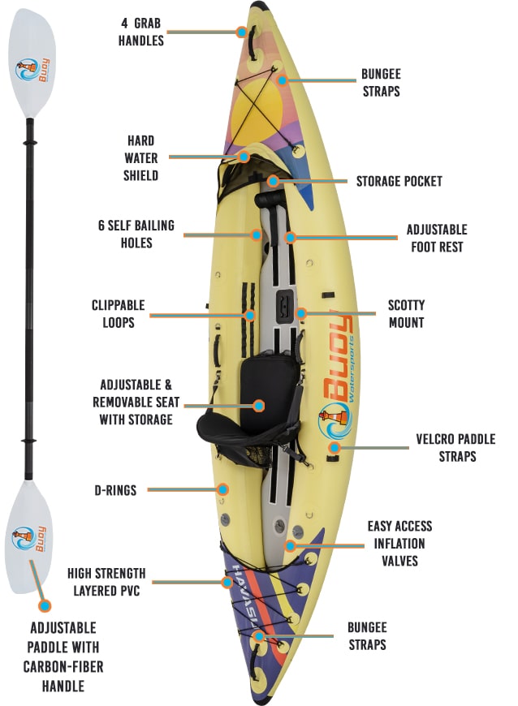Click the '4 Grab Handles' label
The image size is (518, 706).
[141, 32]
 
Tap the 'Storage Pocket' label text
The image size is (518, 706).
[399, 181]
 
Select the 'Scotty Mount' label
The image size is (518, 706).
[406, 314]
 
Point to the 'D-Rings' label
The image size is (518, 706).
[115, 490]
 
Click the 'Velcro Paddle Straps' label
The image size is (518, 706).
[455, 448]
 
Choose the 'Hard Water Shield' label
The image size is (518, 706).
[141, 158]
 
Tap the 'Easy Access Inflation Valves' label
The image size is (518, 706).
[399, 544]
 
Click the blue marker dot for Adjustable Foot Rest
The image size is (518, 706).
[291, 237]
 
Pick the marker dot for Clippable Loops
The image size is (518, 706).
[250, 315]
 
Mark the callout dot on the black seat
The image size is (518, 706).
[258, 406]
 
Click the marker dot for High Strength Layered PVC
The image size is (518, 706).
[227, 582]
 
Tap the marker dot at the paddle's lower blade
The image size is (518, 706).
[44, 605]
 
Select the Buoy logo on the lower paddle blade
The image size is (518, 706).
[29, 540]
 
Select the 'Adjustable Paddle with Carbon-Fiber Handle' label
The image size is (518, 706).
[63, 656]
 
